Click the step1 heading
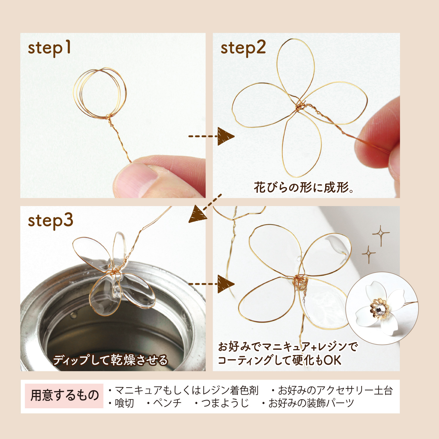point(49,48)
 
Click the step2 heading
point(243,48)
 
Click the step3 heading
point(50,221)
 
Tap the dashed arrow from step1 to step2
point(211,136)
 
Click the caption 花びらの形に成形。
point(304,188)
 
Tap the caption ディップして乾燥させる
point(110,360)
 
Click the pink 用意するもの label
point(64,396)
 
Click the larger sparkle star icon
point(380,234)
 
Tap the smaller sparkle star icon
point(368,254)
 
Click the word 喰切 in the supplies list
point(124,403)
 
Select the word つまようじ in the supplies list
point(225,403)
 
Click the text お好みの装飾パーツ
point(311,403)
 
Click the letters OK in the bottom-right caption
point(332,360)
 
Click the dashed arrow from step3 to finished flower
point(211,284)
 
